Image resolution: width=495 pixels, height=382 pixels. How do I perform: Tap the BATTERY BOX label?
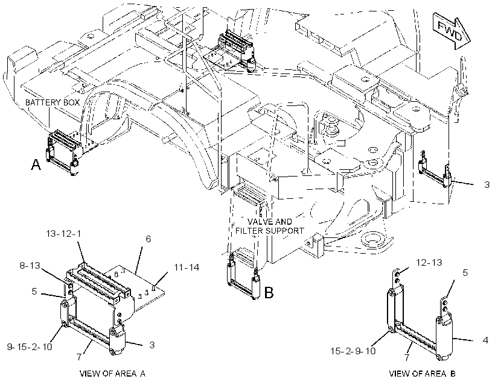[x=53, y=102]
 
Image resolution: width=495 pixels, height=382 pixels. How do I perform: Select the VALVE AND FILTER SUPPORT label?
[x=270, y=227]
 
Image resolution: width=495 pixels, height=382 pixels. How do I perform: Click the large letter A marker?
[x=36, y=164]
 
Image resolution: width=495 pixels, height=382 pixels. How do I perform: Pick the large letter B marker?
[x=269, y=293]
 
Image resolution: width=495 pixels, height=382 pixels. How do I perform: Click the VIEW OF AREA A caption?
[x=113, y=374]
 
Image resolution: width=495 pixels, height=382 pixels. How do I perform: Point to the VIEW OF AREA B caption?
[x=423, y=374]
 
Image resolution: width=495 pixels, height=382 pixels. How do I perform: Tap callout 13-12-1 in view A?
[x=63, y=234]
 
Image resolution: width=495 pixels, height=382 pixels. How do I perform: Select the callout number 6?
[x=148, y=239]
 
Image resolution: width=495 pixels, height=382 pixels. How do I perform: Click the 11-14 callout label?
[x=187, y=268]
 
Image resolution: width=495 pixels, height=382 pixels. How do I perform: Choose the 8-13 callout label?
[x=30, y=265]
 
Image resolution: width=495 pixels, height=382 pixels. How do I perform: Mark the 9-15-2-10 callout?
[x=30, y=346]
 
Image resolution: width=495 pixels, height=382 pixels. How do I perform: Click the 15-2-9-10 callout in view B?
[x=353, y=351]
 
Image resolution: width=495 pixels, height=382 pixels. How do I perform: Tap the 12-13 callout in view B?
[x=429, y=262]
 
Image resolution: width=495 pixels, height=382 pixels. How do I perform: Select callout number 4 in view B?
[x=485, y=340]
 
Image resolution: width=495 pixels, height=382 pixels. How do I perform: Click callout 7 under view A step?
[x=79, y=357]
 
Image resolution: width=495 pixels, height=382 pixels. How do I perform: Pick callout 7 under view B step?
[x=407, y=357]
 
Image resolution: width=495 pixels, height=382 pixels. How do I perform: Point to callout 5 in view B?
[x=465, y=272]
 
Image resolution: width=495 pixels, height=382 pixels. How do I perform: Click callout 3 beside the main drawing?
[x=487, y=184]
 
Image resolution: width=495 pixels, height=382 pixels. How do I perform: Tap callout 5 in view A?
[x=34, y=292]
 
